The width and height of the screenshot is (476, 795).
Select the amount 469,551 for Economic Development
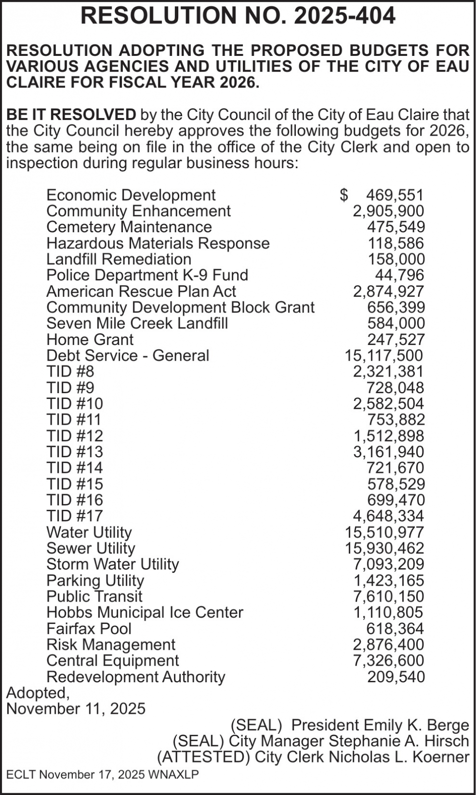coord(394,195)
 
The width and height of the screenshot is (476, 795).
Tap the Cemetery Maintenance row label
coord(129,227)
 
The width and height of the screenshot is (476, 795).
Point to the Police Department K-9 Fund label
coord(147,275)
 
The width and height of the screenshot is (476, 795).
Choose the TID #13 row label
coord(75,452)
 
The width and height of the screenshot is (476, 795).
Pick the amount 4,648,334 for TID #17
coord(388,516)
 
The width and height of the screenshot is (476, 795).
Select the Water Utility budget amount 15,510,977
coord(384,533)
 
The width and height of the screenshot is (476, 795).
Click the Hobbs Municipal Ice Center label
coord(145,612)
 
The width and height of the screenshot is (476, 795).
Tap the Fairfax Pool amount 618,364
coord(395,629)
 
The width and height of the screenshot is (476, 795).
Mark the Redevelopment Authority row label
coord(136,677)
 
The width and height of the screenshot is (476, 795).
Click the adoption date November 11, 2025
coord(76,709)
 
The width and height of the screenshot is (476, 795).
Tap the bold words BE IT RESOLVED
coord(71,115)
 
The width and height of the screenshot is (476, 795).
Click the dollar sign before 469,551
coord(344,195)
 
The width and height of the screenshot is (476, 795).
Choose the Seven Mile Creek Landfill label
coord(137,323)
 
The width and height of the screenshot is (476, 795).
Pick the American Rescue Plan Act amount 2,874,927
coord(388,292)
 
